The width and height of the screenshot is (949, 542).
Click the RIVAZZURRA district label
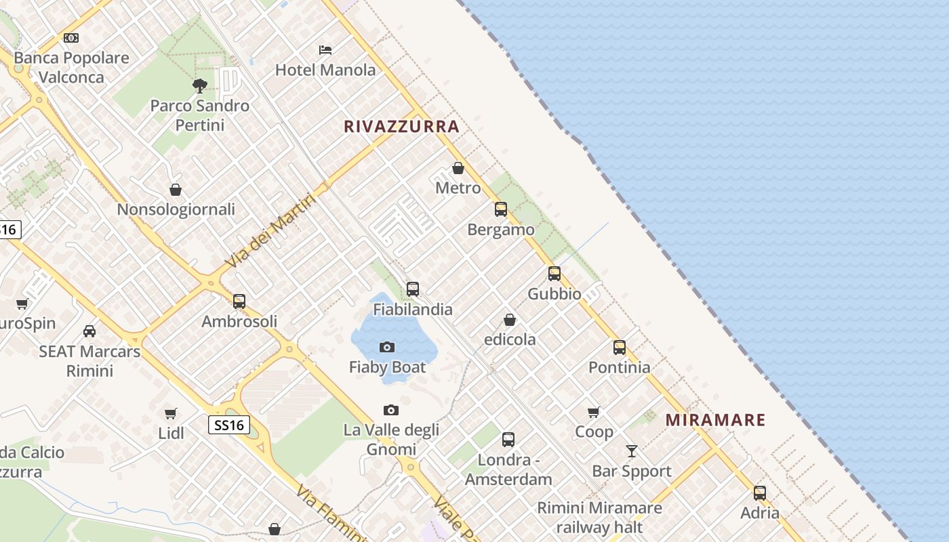coord(401,127)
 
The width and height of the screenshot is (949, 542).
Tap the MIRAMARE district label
coord(715,420)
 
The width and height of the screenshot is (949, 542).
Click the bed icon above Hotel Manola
coord(325,50)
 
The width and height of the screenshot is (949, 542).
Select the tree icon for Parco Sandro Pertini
coord(199,86)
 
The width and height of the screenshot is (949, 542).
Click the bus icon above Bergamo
coord(501,209)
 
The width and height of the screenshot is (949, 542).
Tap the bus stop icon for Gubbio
coord(554,274)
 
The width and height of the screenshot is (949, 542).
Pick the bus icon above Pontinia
coord(620,348)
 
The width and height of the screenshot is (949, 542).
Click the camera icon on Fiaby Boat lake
coord(387,348)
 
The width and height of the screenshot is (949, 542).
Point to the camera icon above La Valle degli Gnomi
coord(391,410)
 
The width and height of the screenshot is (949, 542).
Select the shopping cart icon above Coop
coord(594,412)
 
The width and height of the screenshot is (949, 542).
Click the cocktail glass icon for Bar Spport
coord(632,451)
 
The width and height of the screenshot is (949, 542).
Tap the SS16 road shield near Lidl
coord(228,425)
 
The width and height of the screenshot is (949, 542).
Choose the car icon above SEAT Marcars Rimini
coord(89,331)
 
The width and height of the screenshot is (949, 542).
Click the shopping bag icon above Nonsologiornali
coord(176,190)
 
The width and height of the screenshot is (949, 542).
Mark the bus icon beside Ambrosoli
coord(239,301)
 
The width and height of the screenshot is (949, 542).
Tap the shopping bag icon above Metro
coord(458,168)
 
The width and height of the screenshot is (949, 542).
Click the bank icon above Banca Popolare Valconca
coord(71,38)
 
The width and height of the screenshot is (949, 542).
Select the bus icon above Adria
coord(760,493)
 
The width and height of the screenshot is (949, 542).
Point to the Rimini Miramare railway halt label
coord(599,517)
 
